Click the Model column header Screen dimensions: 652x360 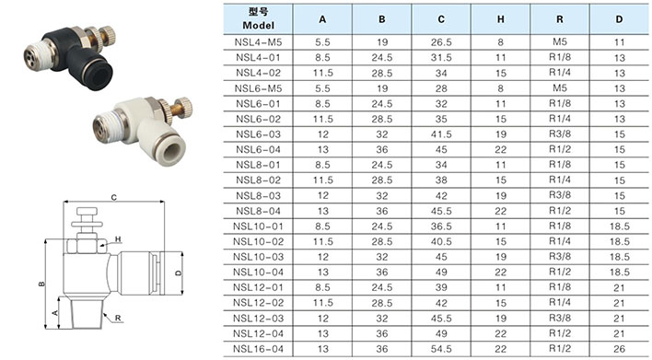(x=258, y=18)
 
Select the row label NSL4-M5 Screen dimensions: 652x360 (x=258, y=42)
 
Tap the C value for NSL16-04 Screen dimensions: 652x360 (x=441, y=349)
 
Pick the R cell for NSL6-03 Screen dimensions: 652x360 (x=560, y=134)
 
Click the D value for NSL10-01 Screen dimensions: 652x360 (x=619, y=226)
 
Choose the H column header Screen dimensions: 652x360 (x=501, y=19)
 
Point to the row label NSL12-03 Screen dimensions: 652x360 (x=258, y=318)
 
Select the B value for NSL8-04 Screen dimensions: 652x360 (x=382, y=211)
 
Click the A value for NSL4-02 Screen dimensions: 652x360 (x=322, y=73)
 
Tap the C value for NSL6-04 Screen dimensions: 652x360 (x=441, y=149)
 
